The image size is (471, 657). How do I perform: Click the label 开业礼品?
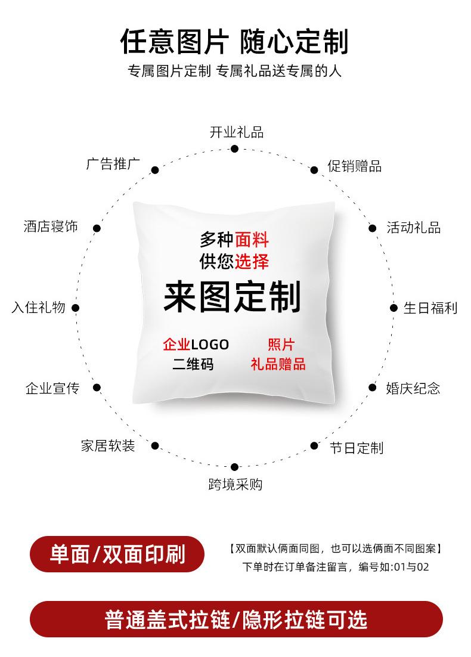[236, 132]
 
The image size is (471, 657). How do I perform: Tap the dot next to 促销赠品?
[314, 170]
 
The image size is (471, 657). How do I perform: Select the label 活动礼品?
[413, 228]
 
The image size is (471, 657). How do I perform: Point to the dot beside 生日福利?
[393, 308]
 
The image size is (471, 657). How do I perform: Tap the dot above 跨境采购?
[234, 467]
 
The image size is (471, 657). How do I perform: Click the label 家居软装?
[108, 446]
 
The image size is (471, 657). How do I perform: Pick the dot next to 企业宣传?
[97, 388]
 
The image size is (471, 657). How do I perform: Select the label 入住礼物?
[38, 308]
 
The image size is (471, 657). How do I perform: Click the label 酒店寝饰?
[51, 227]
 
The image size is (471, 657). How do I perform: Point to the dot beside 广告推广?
[155, 170]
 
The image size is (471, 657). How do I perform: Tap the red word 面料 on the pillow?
[252, 240]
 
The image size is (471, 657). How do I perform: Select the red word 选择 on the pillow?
[252, 261]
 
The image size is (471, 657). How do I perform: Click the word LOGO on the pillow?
[209, 344]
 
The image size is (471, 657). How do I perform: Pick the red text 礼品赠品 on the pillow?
[278, 364]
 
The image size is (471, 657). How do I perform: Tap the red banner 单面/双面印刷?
[117, 555]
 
